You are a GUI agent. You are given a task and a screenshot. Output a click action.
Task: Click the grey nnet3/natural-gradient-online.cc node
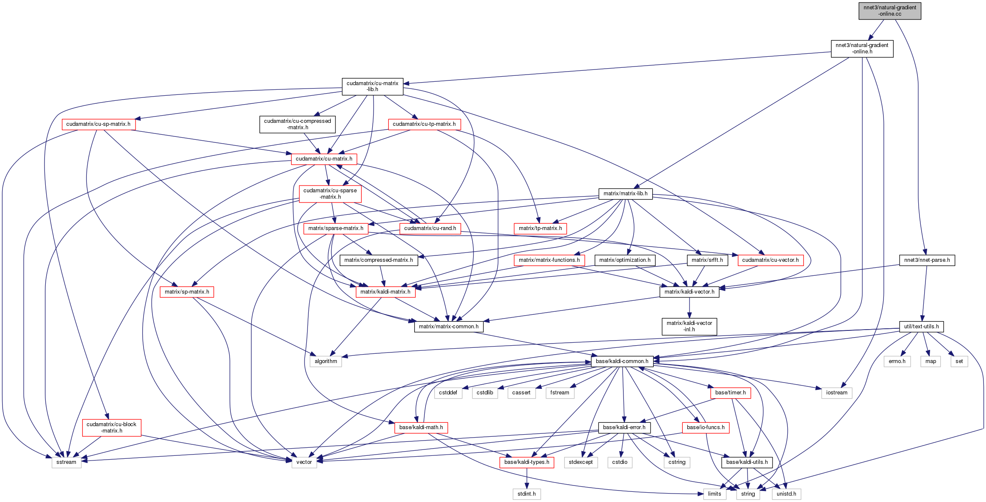point(889,11)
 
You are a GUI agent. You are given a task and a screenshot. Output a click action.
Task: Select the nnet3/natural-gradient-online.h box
point(862,48)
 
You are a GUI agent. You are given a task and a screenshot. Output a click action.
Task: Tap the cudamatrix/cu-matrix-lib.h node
point(372,86)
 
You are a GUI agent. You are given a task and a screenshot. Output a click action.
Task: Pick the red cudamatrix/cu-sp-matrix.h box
point(98,124)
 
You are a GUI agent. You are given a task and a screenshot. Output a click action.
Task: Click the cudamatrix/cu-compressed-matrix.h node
point(297,124)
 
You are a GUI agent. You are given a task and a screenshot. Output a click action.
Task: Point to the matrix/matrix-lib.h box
point(625,194)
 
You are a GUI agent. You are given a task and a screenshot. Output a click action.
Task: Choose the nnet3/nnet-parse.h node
point(927,260)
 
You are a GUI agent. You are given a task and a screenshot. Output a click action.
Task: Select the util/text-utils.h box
point(921,327)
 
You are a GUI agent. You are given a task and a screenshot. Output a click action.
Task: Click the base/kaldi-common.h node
point(622,361)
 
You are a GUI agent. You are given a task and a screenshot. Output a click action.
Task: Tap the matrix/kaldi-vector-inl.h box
point(689,326)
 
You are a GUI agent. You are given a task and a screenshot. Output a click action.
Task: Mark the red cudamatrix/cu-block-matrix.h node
point(111,427)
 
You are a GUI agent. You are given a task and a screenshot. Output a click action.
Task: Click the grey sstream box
point(66,462)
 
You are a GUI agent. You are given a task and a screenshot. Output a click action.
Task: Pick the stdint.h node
point(526,494)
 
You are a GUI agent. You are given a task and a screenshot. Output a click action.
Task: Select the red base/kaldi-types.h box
point(526,462)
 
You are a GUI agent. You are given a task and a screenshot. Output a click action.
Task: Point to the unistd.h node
point(786,494)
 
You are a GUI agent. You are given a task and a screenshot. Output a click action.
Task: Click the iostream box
point(836,393)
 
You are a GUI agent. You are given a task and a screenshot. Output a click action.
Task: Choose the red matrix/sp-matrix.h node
point(187,292)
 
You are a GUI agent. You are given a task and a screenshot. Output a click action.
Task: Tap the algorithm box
point(326,361)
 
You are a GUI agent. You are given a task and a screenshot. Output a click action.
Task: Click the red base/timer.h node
point(730,393)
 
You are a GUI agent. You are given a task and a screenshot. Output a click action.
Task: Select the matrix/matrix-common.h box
point(449,327)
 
